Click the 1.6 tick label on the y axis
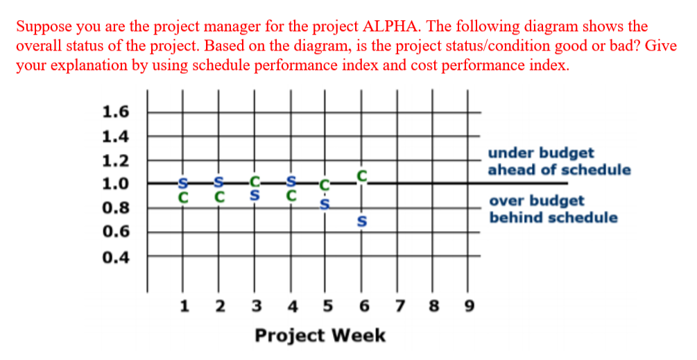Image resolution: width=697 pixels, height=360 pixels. (x=115, y=112)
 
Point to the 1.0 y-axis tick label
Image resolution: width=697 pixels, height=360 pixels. (x=115, y=184)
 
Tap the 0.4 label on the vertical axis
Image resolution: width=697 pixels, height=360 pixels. (x=115, y=257)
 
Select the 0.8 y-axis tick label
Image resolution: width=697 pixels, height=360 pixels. (x=115, y=208)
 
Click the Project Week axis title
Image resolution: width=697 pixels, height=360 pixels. (x=320, y=336)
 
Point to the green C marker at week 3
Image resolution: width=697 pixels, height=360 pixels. (x=255, y=183)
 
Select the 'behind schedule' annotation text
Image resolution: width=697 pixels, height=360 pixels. (x=553, y=218)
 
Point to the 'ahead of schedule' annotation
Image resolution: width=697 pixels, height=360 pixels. (x=559, y=170)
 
